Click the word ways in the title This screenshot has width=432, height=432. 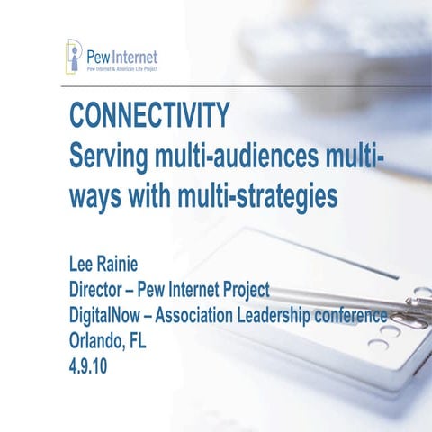[x=95, y=195]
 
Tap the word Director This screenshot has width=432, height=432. [x=100, y=291]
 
